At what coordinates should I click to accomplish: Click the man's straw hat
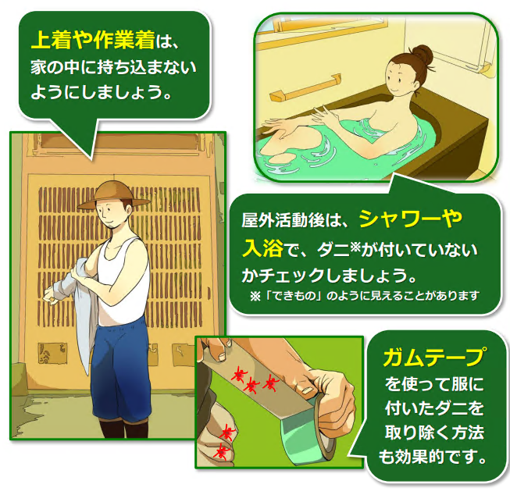click(x=113, y=194)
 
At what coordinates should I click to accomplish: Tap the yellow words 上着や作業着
click(x=93, y=41)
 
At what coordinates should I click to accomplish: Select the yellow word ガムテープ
click(x=434, y=357)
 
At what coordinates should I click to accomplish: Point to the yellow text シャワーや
click(x=411, y=219)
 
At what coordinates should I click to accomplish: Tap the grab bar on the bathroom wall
click(x=305, y=87)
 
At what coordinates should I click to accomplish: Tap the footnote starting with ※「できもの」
click(x=365, y=296)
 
